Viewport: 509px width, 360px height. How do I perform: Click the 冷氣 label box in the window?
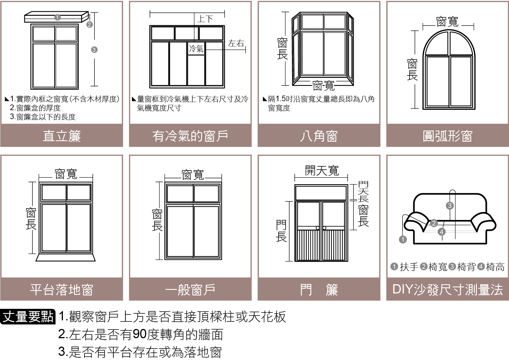click(196, 49)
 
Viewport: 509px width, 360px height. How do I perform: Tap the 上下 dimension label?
click(205, 19)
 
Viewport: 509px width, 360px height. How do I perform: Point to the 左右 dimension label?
click(236, 43)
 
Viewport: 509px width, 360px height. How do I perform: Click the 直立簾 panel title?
click(61, 136)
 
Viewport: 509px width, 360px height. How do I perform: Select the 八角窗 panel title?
click(319, 136)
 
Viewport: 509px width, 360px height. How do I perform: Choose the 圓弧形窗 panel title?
click(447, 136)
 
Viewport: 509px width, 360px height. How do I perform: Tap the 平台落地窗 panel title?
click(61, 290)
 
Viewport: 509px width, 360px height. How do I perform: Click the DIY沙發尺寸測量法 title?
click(447, 290)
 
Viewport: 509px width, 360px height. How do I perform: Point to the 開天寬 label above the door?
click(322, 170)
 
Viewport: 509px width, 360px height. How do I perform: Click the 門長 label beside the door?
click(281, 231)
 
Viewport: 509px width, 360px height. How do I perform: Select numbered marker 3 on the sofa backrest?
click(449, 206)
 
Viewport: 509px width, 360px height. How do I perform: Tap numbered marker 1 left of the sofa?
click(403, 240)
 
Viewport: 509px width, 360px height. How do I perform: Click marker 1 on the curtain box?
click(57, 17)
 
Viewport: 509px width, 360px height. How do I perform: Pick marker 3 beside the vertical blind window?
click(94, 50)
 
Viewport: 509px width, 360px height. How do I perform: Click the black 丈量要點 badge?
click(28, 317)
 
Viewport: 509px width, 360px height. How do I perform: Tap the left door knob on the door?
click(318, 228)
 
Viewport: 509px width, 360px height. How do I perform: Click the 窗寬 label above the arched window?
click(447, 22)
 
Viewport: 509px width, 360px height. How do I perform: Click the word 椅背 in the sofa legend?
click(466, 267)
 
